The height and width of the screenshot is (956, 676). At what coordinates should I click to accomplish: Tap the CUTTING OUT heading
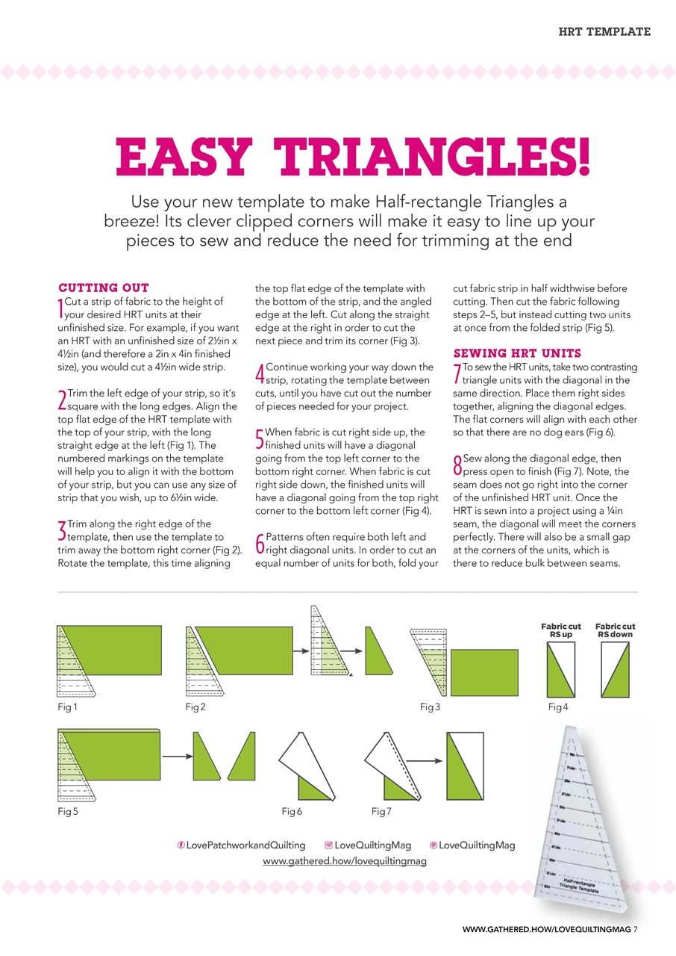tap(104, 288)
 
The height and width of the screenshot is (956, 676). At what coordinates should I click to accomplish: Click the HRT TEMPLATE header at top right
tap(604, 31)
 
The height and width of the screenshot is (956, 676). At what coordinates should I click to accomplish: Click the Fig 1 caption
tap(67, 706)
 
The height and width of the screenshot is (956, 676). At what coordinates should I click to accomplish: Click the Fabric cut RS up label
tap(560, 630)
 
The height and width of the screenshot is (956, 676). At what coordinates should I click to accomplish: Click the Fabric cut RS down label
tap(616, 630)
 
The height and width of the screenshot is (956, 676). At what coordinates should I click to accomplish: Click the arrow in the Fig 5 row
tap(178, 757)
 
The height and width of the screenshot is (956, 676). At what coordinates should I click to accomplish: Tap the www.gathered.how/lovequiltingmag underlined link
tap(345, 861)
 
